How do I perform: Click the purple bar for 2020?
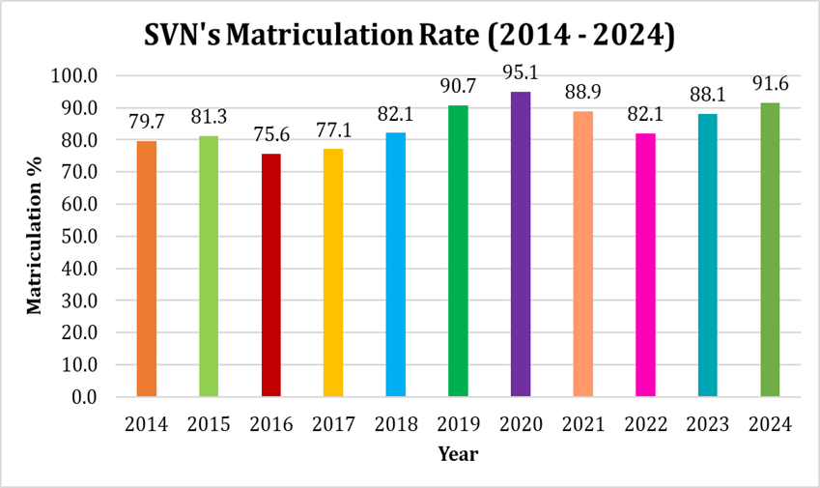coord(521,244)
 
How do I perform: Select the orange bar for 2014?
coord(146,269)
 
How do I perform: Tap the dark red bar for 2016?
coord(270,274)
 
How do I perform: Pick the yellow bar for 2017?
coord(333,273)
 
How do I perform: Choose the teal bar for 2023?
coord(708,255)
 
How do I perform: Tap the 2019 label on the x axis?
coord(458,424)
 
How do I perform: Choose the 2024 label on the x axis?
coord(770,424)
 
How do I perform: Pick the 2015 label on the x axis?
coord(208,424)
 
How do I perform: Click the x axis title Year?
coord(458,453)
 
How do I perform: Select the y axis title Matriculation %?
coord(35,237)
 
